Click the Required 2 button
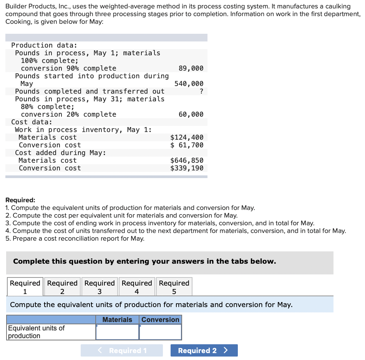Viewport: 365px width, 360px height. pyautogui.click(x=204, y=350)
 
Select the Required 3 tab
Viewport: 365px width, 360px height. pyautogui.click(x=100, y=287)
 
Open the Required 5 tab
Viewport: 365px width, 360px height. pyautogui.click(x=174, y=287)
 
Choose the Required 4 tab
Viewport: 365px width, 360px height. pyautogui.click(x=137, y=287)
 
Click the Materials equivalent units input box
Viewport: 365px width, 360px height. pyautogui.click(x=117, y=332)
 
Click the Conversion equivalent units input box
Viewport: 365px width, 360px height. pyautogui.click(x=160, y=332)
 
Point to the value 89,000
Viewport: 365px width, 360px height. pyautogui.click(x=191, y=68)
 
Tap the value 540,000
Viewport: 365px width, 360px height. pyautogui.click(x=189, y=84)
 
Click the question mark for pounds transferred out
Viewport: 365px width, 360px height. pyautogui.click(x=201, y=91)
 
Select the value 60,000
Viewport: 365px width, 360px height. pyautogui.click(x=191, y=114)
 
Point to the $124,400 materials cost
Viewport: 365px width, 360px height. pyautogui.click(x=187, y=137)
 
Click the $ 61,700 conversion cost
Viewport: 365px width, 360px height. pyautogui.click(x=187, y=145)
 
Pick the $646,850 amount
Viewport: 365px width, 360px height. pyautogui.click(x=187, y=160)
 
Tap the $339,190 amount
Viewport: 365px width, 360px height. pyautogui.click(x=187, y=168)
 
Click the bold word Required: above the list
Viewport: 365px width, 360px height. pyautogui.click(x=20, y=200)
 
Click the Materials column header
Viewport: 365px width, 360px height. pyautogui.click(x=117, y=320)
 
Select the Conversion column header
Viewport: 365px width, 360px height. pyautogui.click(x=160, y=320)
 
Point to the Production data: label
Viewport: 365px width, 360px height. pyautogui.click(x=44, y=45)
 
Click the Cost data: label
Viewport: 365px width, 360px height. pyautogui.click(x=32, y=122)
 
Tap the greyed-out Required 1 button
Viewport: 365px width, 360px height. pyautogui.click(x=122, y=350)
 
